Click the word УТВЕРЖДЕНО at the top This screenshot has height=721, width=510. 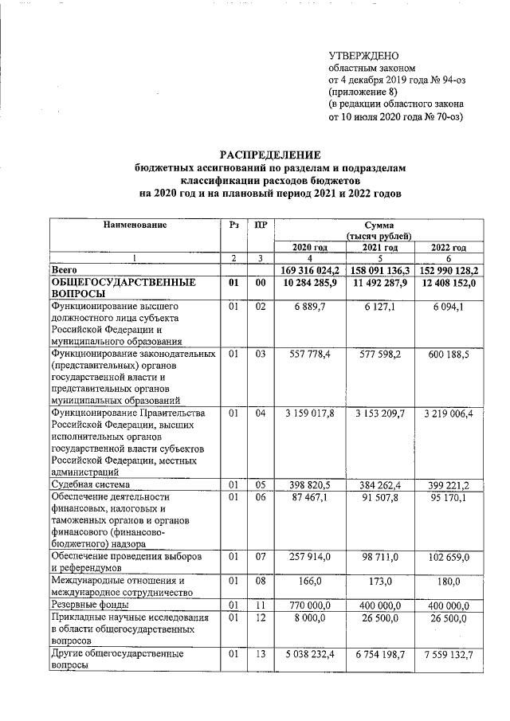[x=363, y=55]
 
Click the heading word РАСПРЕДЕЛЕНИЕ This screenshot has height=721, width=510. [x=270, y=154]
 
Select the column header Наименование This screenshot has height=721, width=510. [x=134, y=225]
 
